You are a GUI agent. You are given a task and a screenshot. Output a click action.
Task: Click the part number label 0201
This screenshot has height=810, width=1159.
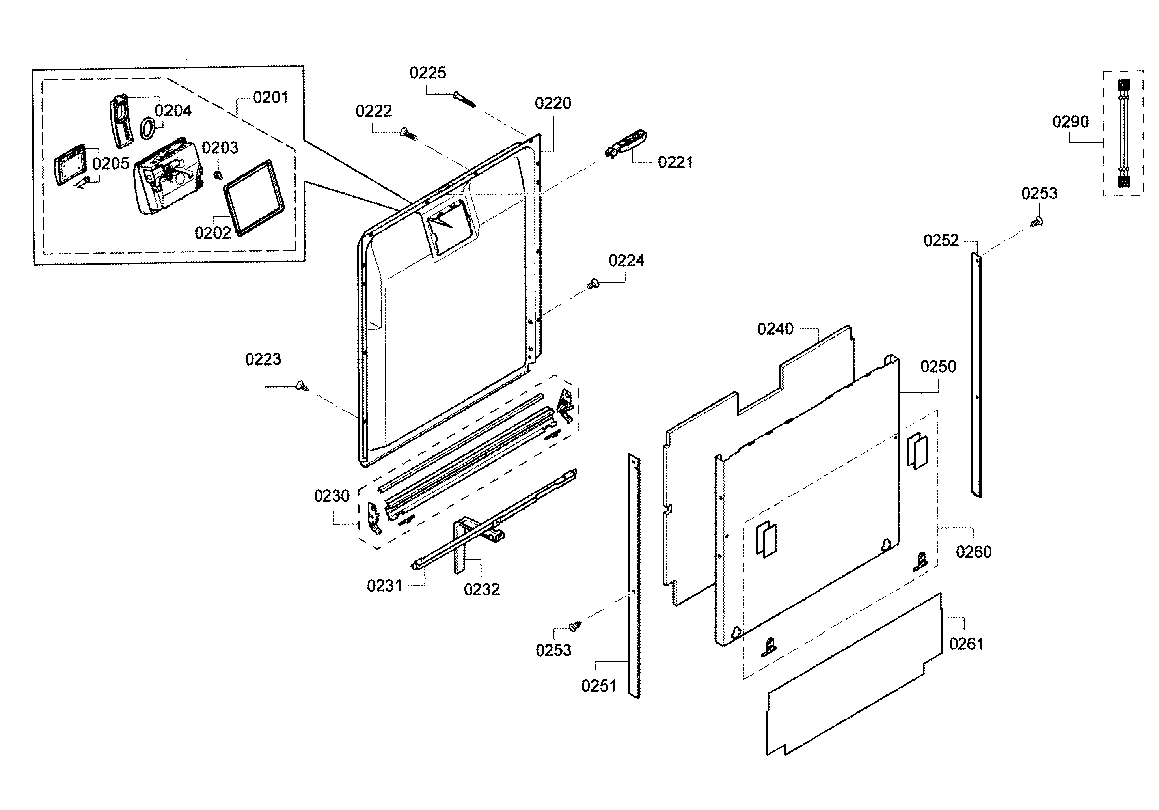pyautogui.click(x=270, y=97)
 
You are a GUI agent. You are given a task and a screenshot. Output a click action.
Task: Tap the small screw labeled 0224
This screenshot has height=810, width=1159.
pyautogui.click(x=593, y=284)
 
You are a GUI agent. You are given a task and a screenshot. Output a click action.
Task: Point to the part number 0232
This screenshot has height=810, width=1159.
pyautogui.click(x=482, y=589)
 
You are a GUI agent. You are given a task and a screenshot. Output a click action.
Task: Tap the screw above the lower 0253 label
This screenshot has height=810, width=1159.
pyautogui.click(x=574, y=626)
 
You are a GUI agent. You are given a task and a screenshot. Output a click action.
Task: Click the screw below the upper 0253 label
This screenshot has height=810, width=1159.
pyautogui.click(x=1036, y=221)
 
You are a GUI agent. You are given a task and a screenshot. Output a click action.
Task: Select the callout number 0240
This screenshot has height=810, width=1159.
pyautogui.click(x=775, y=329)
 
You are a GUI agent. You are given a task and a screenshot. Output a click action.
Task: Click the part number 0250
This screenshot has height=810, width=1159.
pyautogui.click(x=938, y=367)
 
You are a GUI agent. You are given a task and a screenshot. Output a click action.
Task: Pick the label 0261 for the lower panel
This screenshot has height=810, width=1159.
pyautogui.click(x=966, y=644)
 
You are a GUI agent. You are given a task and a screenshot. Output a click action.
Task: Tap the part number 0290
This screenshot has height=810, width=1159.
pyautogui.click(x=1070, y=122)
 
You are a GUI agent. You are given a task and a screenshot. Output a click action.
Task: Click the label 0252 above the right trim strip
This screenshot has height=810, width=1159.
pyautogui.click(x=941, y=241)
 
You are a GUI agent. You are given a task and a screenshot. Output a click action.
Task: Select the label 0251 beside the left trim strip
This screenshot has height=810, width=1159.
pyautogui.click(x=599, y=686)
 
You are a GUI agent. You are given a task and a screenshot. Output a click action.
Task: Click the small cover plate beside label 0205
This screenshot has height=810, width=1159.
pyautogui.click(x=69, y=166)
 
